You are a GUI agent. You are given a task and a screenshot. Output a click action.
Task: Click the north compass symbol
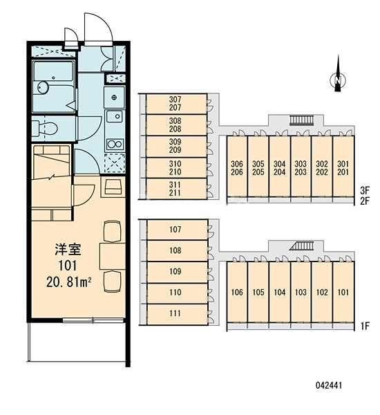(x=338, y=80)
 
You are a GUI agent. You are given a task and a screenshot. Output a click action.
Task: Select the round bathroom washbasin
(x=43, y=87)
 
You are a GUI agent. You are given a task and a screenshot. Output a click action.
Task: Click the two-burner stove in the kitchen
(x=115, y=145)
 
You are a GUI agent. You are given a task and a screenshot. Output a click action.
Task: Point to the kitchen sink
(x=115, y=116)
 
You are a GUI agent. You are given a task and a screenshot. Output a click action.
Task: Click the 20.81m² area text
(x=69, y=282)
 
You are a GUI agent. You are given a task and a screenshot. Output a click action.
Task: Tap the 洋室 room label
(x=68, y=249)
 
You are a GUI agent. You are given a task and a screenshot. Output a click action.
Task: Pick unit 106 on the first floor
(x=237, y=292)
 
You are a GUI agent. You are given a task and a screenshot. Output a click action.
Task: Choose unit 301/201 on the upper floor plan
(x=343, y=167)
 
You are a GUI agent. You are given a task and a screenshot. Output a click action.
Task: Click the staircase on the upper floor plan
(x=301, y=120)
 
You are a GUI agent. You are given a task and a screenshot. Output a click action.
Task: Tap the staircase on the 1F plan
(x=301, y=246)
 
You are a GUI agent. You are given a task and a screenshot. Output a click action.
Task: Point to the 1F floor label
(x=365, y=326)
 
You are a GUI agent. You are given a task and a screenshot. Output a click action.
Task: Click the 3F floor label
(x=365, y=190)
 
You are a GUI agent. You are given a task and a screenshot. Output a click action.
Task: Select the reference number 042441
(x=329, y=385)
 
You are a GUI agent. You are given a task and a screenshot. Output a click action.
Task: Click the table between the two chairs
(x=113, y=256)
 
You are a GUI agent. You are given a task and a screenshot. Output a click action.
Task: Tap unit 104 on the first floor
(x=280, y=292)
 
